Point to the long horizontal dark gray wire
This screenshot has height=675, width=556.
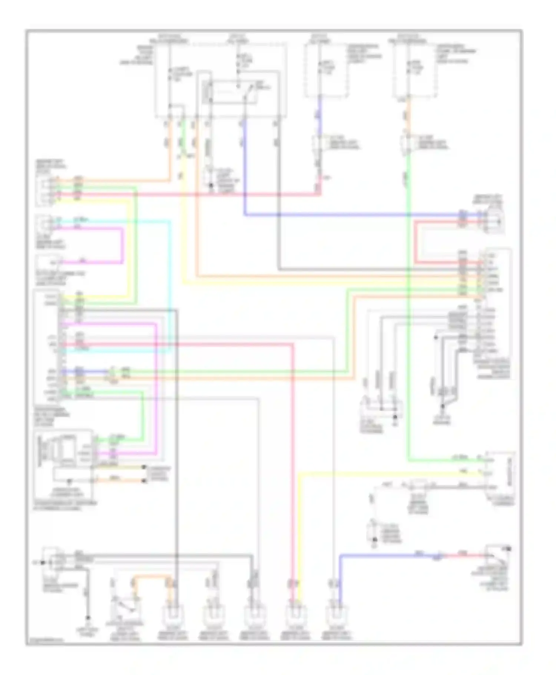371,269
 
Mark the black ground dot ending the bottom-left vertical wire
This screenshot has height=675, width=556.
88,618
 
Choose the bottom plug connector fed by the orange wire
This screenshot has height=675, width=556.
173,615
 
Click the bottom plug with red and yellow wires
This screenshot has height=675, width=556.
295,615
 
